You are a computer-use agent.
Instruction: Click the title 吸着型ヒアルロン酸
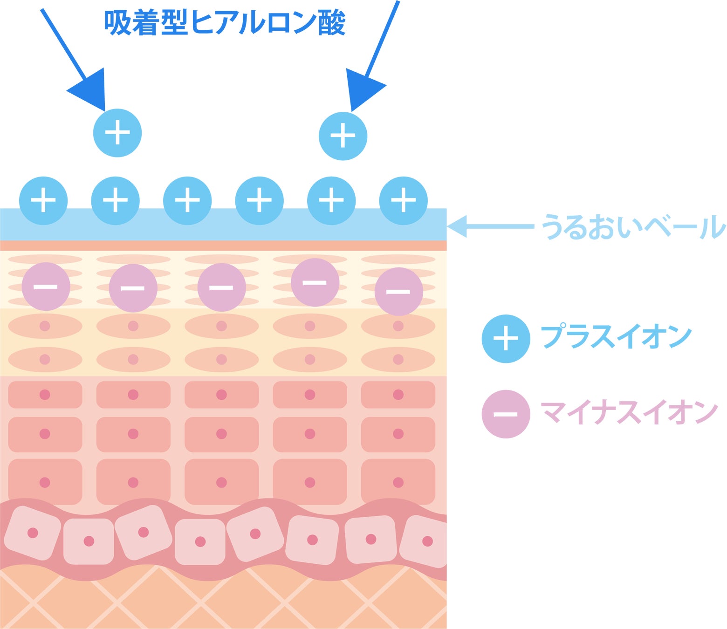[x=225, y=22]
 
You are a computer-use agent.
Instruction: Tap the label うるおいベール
[x=633, y=227]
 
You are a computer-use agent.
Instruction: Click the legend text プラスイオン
[x=616, y=336]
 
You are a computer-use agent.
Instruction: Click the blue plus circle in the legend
[x=506, y=339]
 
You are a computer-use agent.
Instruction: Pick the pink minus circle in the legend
[x=506, y=414]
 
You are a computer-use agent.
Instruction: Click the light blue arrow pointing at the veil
[x=489, y=226]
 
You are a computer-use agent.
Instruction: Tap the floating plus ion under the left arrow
[x=117, y=133]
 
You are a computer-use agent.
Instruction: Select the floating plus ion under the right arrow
[x=343, y=136]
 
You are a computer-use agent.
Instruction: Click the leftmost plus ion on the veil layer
[x=43, y=201]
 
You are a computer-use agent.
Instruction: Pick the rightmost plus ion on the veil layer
[x=403, y=201]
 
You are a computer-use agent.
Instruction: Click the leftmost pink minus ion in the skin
[x=46, y=287]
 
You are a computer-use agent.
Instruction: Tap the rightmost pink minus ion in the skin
[x=398, y=292]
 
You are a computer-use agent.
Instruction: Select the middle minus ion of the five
[x=221, y=287]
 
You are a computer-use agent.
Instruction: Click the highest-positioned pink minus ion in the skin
[x=315, y=282]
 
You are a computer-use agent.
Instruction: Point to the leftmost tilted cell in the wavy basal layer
[x=33, y=533]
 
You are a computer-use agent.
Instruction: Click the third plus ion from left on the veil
[x=187, y=201]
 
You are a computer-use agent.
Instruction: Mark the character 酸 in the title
[x=332, y=22]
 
